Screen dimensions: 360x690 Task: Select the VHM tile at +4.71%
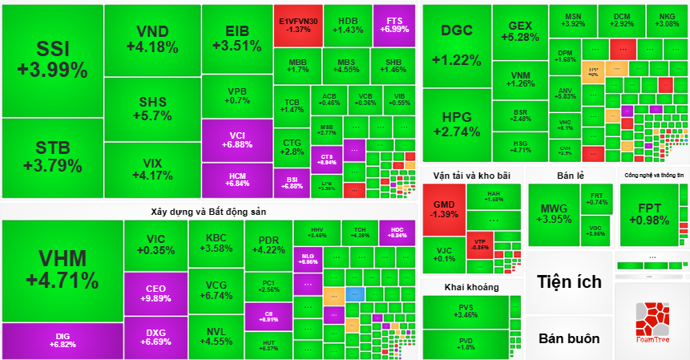click(62, 271)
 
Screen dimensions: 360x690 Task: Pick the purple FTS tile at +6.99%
click(394, 25)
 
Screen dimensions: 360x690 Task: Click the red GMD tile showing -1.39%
click(443, 209)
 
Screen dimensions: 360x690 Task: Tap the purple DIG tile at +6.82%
click(62, 341)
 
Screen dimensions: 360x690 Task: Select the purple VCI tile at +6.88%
click(236, 140)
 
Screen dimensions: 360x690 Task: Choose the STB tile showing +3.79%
click(52, 156)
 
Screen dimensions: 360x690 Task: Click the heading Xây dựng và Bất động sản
click(208, 212)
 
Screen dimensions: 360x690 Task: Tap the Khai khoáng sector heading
click(471, 286)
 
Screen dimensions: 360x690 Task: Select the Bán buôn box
click(569, 338)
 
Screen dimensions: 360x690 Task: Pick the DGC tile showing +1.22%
click(456, 45)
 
